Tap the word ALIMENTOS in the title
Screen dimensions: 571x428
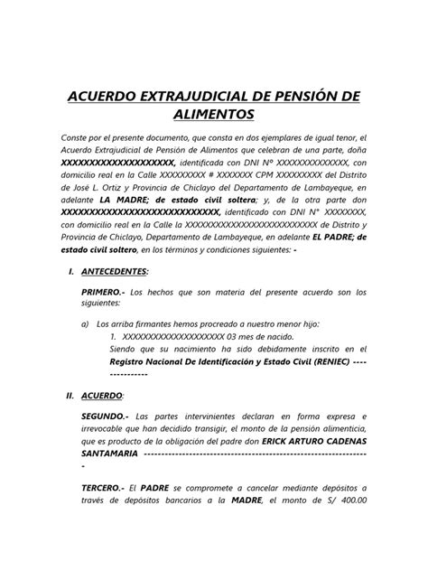click(213, 115)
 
